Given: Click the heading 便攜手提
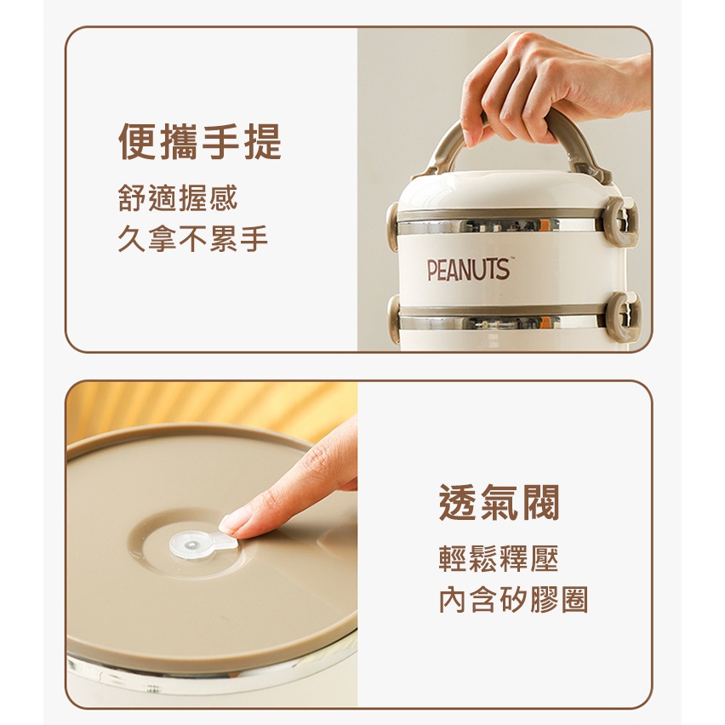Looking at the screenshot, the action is pos(200,142).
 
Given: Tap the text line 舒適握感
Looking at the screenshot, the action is pos(178,198).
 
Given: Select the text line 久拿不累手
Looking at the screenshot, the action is pos(193,238).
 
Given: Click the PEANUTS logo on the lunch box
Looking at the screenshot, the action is pos(467,270).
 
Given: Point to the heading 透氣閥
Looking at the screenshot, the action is pos(500,503).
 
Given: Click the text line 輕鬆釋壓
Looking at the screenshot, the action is pos(499,558).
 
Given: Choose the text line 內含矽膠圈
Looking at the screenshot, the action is pos(513,600).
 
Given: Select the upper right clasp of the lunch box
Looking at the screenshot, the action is pos(622,221).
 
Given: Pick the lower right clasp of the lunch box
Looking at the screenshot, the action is pos(624,317).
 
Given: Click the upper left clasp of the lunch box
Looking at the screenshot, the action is pos(392,226).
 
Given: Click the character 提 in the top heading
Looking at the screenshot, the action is pos(263,142).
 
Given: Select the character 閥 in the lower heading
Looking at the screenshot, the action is pos(541,503).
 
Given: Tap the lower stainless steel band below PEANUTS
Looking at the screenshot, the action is pos(503,323).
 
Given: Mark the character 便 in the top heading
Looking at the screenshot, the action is pos(137,142).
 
